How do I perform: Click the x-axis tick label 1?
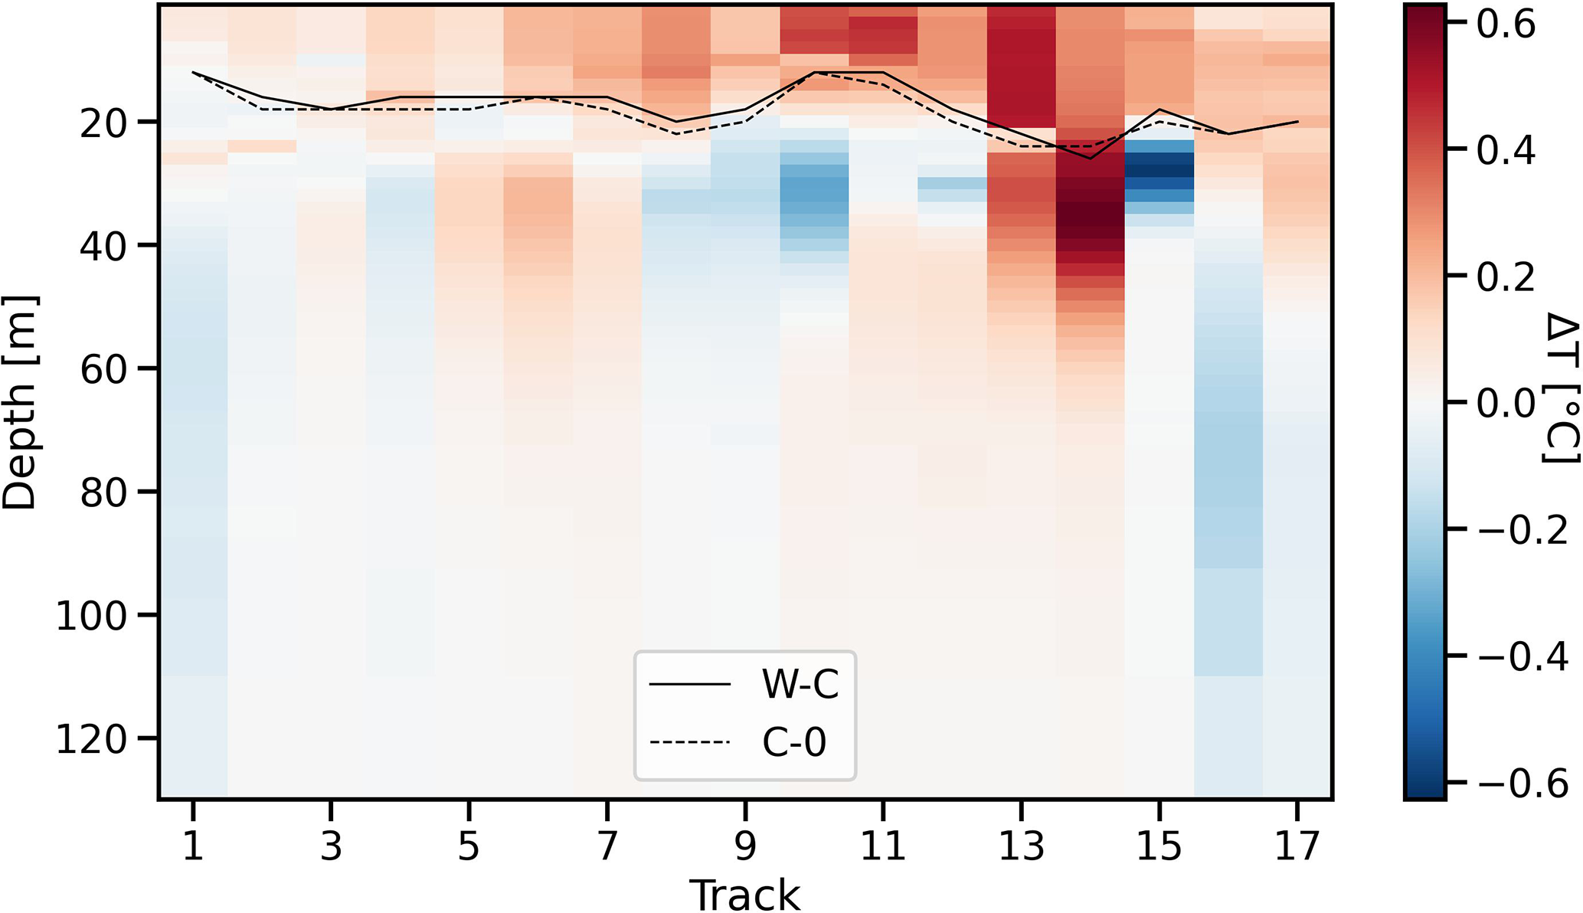(x=193, y=846)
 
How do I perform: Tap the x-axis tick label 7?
(x=607, y=846)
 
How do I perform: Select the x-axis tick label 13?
(x=1021, y=846)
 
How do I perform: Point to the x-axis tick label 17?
(x=1297, y=846)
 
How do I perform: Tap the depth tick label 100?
(x=96, y=616)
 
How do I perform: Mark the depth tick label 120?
(x=96, y=739)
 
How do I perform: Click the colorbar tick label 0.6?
(x=1506, y=25)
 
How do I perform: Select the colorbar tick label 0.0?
(x=1506, y=403)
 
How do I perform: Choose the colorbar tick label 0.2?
(x=1506, y=277)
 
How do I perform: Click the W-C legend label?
(x=800, y=684)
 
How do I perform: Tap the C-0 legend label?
(x=794, y=741)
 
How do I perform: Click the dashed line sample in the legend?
(x=689, y=741)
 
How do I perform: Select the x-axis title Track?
(x=744, y=894)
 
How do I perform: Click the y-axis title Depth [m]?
(x=21, y=402)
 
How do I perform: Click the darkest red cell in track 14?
(x=1090, y=214)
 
